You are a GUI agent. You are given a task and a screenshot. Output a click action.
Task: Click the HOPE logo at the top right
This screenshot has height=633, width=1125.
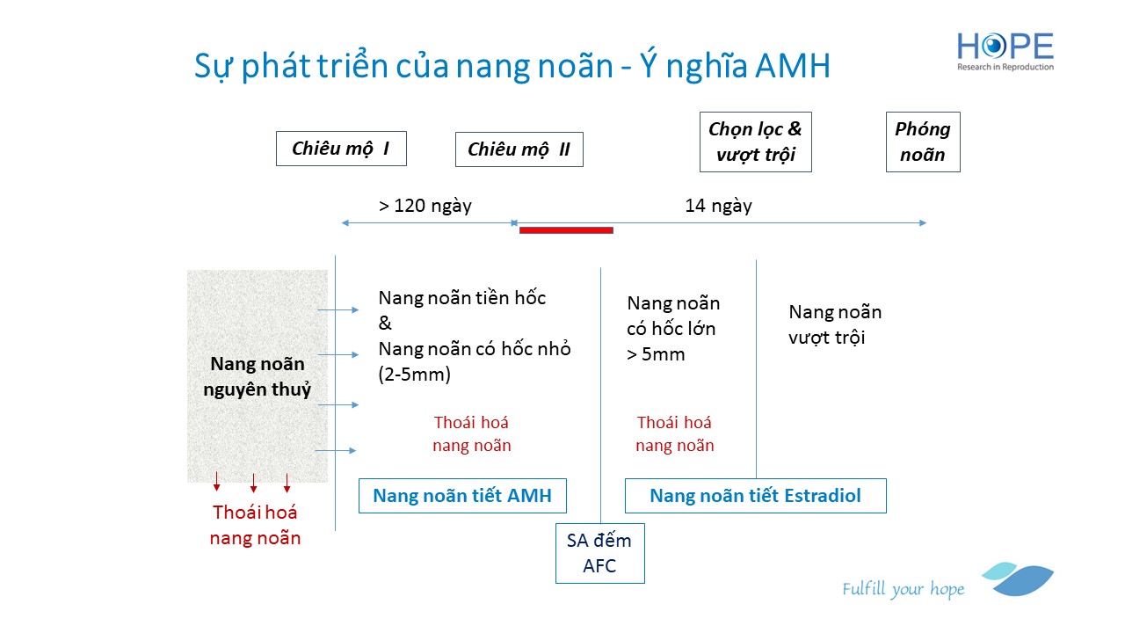coord(1005,51)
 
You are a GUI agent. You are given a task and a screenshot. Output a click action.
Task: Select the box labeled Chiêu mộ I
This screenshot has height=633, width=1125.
coord(341,149)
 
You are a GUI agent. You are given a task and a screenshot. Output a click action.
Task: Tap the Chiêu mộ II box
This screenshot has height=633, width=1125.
coord(519,149)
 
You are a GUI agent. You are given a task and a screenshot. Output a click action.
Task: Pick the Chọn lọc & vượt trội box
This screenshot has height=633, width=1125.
coord(755,142)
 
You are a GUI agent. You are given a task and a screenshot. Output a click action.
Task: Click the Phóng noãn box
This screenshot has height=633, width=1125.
coord(923,142)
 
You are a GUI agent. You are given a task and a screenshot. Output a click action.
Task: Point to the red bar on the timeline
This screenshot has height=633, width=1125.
coord(566,230)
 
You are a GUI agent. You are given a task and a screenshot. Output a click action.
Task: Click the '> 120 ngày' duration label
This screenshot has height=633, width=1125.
coord(425,206)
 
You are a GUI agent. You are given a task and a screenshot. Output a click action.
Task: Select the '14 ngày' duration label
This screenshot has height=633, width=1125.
coord(718,206)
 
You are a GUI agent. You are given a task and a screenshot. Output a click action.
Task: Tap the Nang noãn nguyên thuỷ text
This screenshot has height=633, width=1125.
coord(258,376)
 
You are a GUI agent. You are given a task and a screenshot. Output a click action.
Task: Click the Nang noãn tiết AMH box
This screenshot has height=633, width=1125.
coord(462,496)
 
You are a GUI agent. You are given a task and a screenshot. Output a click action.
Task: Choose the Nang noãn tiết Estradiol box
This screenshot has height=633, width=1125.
coord(755,496)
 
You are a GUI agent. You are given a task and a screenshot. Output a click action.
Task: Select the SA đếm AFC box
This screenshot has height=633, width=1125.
coord(599,553)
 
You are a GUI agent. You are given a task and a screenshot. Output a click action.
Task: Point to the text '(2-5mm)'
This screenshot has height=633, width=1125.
coord(414,375)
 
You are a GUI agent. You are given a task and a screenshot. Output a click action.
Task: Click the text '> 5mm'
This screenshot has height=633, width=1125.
coord(656,354)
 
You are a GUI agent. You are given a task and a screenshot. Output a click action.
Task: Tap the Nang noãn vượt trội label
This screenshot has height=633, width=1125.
coord(835,324)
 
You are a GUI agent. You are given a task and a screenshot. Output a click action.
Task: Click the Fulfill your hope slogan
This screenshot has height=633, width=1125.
coord(903,589)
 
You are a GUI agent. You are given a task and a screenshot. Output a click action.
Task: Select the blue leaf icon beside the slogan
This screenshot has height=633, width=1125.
coord(1018,578)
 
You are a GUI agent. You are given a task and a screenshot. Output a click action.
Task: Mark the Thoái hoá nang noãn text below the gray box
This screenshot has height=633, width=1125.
coord(255,525)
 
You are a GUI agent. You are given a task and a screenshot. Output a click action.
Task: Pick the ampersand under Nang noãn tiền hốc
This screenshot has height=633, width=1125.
coord(385,323)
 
